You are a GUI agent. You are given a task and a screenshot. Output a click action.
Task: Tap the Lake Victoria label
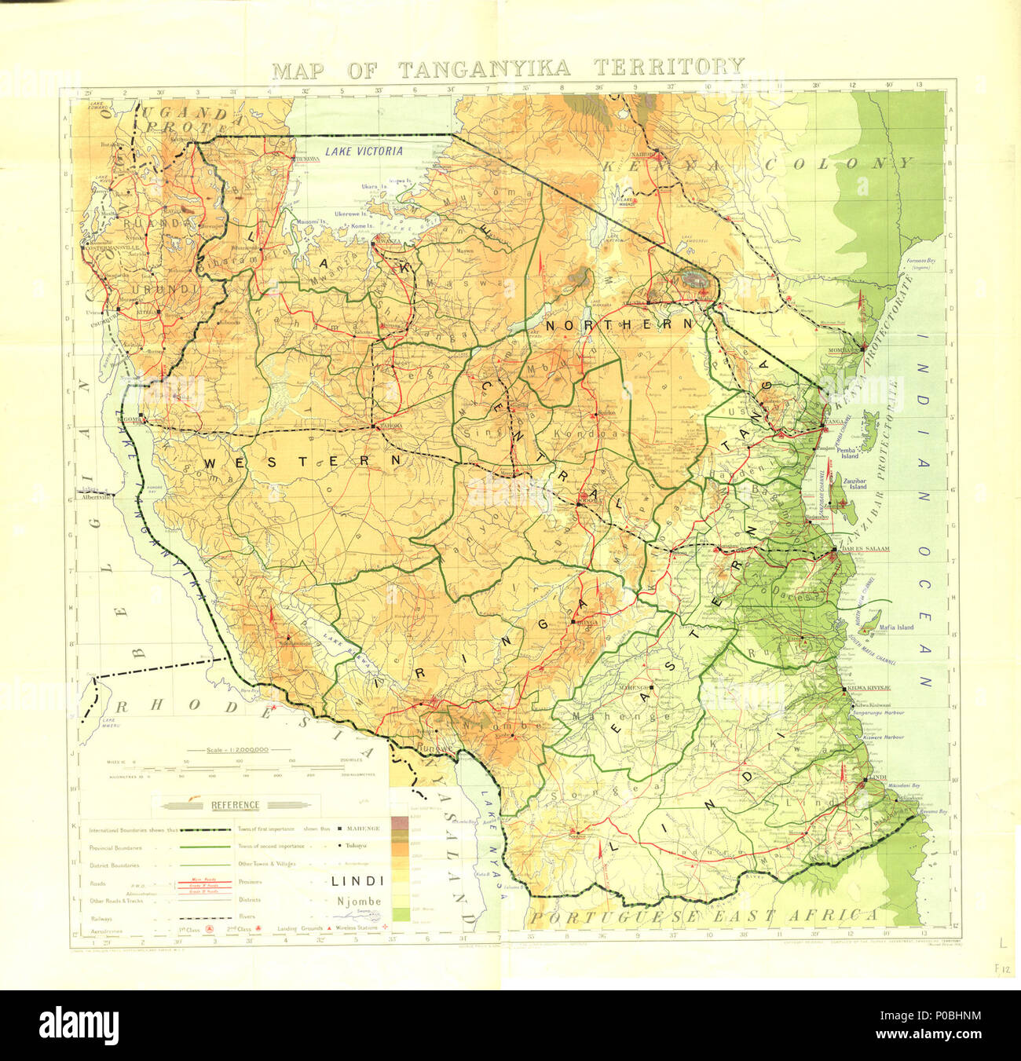364,152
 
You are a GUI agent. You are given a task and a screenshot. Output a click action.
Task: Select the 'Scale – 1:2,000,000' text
237,750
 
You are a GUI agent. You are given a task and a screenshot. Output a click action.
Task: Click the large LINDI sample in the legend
357,881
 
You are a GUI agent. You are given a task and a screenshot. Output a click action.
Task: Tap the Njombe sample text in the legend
359,901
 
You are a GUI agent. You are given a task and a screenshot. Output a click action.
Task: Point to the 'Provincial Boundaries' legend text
115,848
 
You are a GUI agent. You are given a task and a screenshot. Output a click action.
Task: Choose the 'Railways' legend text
101,918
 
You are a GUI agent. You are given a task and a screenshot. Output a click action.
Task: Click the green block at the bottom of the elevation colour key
401,914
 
